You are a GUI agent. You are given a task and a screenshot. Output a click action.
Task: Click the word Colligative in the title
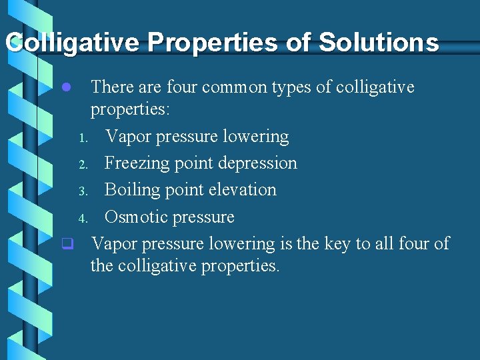[73, 43]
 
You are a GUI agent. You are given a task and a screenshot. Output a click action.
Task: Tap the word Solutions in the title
[379, 43]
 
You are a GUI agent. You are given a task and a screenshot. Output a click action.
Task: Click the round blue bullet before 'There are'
[65, 87]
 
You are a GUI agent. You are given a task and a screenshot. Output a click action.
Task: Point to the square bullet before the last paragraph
[67, 244]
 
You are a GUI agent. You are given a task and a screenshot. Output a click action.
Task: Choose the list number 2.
[83, 165]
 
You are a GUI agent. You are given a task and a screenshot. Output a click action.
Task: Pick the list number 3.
[83, 191]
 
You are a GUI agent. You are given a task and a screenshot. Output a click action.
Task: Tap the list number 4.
[83, 219]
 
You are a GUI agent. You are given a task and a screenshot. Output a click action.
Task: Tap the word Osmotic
[135, 217]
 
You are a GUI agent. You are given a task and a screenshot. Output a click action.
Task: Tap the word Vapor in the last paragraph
[113, 244]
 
